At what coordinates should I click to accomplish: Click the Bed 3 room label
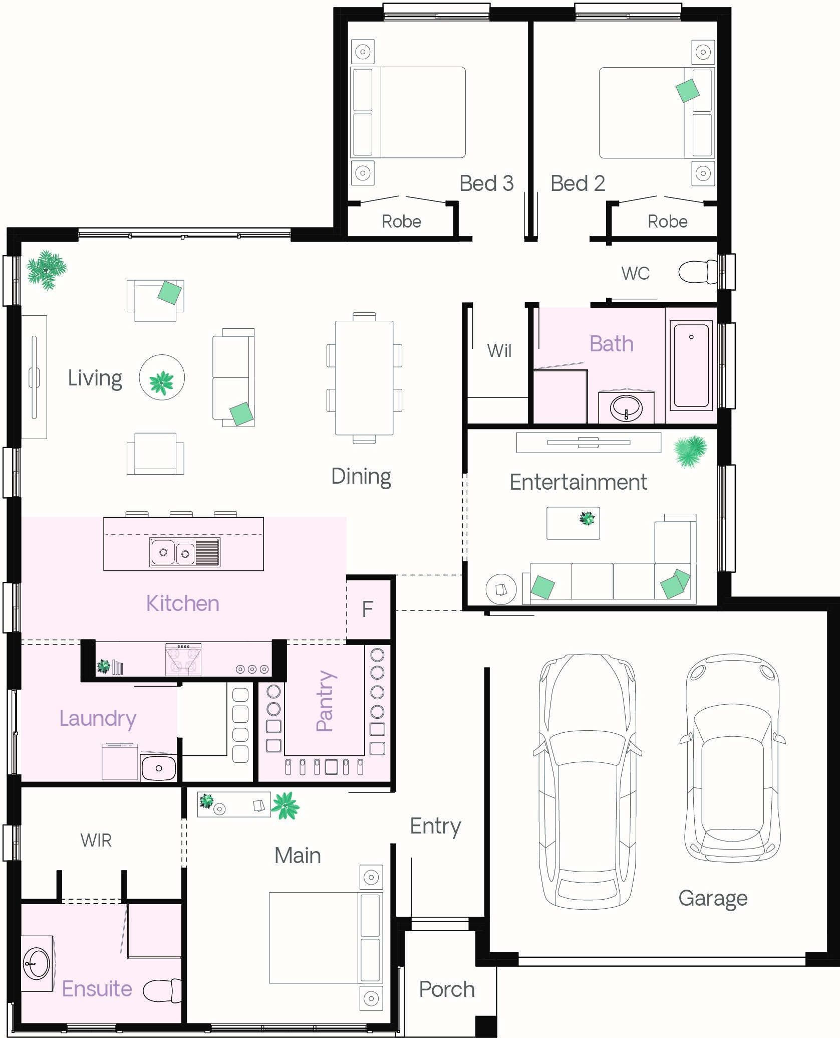tap(486, 183)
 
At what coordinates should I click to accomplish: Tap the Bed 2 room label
tap(578, 183)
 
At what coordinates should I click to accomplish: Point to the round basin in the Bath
tap(626, 408)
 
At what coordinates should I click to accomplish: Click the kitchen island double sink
tap(185, 552)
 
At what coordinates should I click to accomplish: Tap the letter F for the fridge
tap(367, 609)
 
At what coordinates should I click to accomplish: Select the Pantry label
tap(325, 701)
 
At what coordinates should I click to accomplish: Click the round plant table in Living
tap(162, 377)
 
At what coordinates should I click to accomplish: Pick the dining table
tap(364, 378)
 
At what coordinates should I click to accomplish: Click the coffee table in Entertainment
tap(573, 523)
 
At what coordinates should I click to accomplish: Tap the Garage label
tap(713, 899)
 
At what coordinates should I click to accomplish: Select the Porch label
tap(447, 989)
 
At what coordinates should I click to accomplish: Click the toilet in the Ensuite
tap(162, 991)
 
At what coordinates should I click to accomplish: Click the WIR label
tap(96, 841)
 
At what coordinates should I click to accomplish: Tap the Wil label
tap(499, 350)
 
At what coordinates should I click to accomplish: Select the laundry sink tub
tap(158, 767)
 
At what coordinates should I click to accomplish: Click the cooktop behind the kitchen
tap(183, 660)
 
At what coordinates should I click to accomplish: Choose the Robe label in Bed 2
tap(668, 222)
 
